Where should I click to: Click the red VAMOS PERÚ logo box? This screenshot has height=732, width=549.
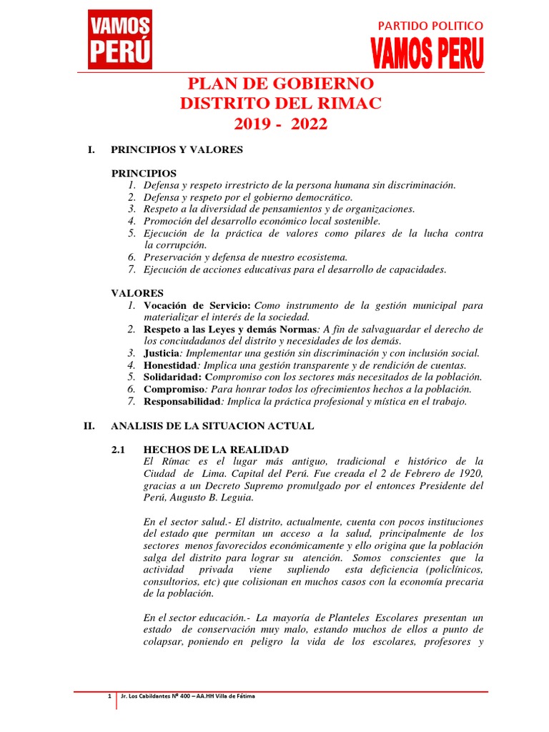tap(119, 40)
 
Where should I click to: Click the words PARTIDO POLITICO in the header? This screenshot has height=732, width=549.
tap(430, 26)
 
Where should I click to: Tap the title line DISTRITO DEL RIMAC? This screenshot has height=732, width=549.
tap(280, 104)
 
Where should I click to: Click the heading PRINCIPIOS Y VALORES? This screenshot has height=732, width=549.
tap(177, 150)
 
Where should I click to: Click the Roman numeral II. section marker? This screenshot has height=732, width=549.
tap(89, 426)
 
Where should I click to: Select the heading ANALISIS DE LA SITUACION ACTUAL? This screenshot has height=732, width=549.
tap(212, 426)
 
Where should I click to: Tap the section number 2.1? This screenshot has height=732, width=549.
tap(118, 450)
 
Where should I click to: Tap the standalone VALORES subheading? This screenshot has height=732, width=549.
tap(137, 293)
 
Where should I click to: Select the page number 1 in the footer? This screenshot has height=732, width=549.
tap(109, 696)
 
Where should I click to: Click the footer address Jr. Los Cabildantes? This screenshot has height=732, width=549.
tap(154, 696)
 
